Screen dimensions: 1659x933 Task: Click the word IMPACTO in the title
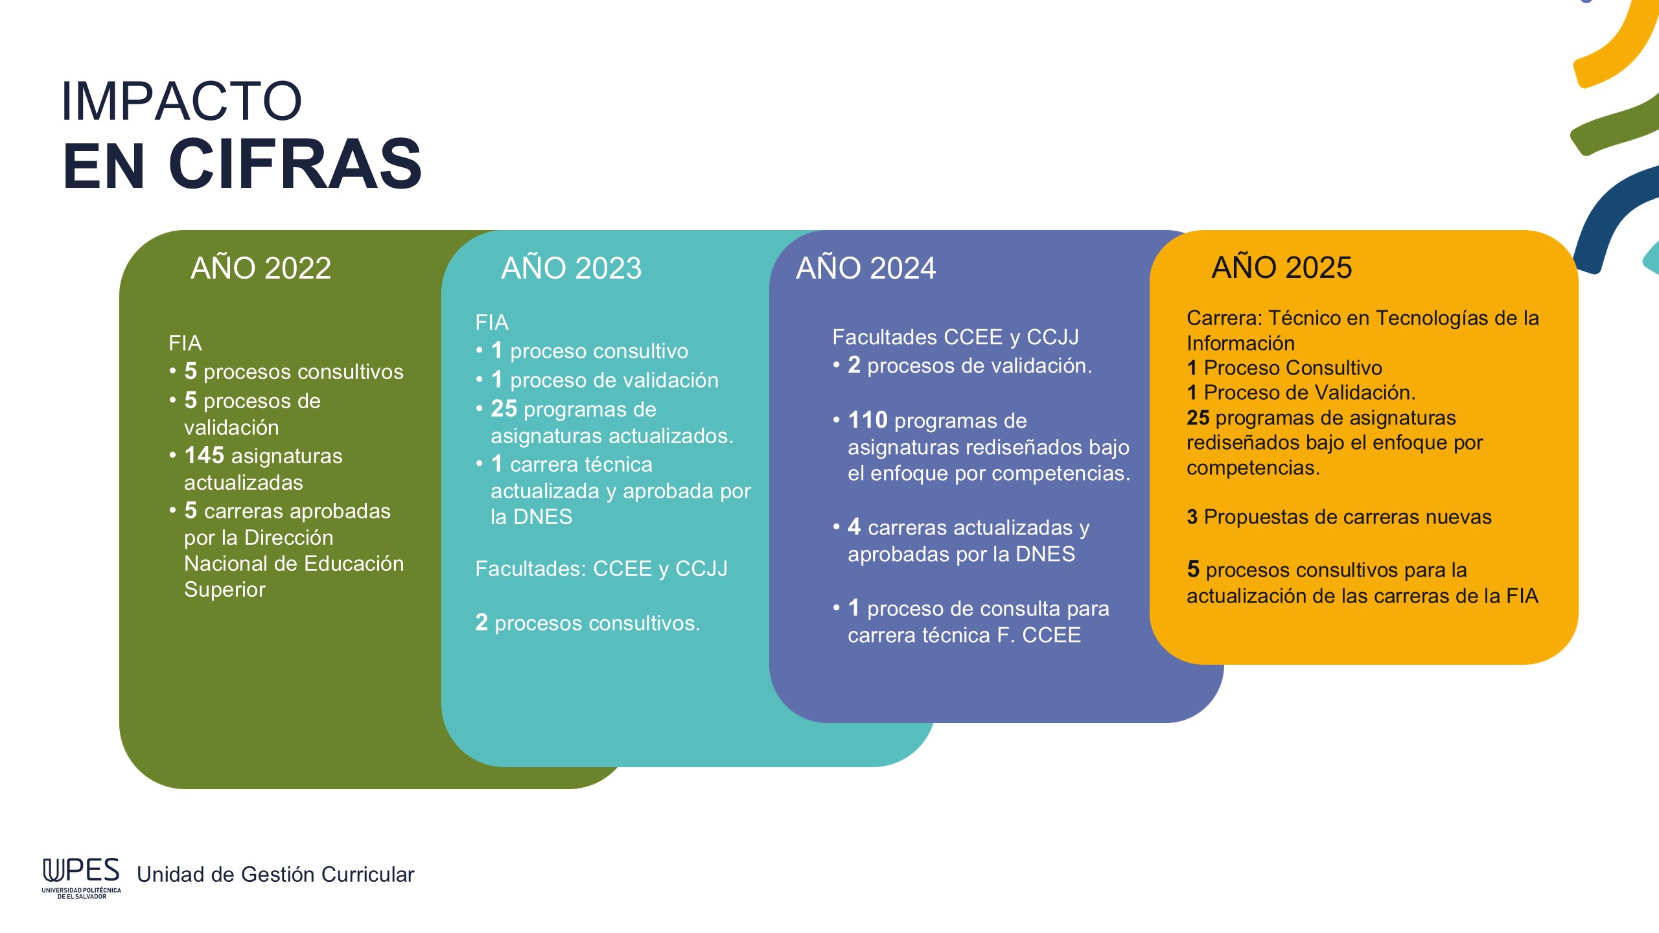pyautogui.click(x=181, y=101)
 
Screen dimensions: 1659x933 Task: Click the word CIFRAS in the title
pyautogui.click(x=296, y=165)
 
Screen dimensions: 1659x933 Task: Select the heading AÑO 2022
pyautogui.click(x=261, y=268)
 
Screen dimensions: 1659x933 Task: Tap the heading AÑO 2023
pyautogui.click(x=571, y=268)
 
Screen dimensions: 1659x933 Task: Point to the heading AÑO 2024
pyautogui.click(x=866, y=268)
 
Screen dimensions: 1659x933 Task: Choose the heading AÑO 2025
pyautogui.click(x=1282, y=267)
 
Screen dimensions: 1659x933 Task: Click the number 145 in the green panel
pyautogui.click(x=204, y=455)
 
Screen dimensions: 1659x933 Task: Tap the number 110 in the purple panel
pyautogui.click(x=868, y=420)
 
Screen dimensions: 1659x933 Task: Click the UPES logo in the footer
pyautogui.click(x=82, y=878)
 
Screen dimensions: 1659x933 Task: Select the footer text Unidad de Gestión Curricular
pyautogui.click(x=275, y=875)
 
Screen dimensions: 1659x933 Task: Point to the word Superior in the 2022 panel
pyautogui.click(x=225, y=590)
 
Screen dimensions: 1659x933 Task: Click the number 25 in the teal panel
pyautogui.click(x=504, y=409)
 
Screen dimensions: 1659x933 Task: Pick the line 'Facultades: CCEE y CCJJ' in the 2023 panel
pyautogui.click(x=601, y=569)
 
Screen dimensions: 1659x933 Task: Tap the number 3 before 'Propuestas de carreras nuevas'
pyautogui.click(x=1192, y=517)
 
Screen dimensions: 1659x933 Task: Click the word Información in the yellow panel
pyautogui.click(x=1240, y=343)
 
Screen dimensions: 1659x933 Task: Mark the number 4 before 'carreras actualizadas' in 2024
pyautogui.click(x=854, y=527)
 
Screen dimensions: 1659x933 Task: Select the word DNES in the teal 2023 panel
pyautogui.click(x=542, y=517)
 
